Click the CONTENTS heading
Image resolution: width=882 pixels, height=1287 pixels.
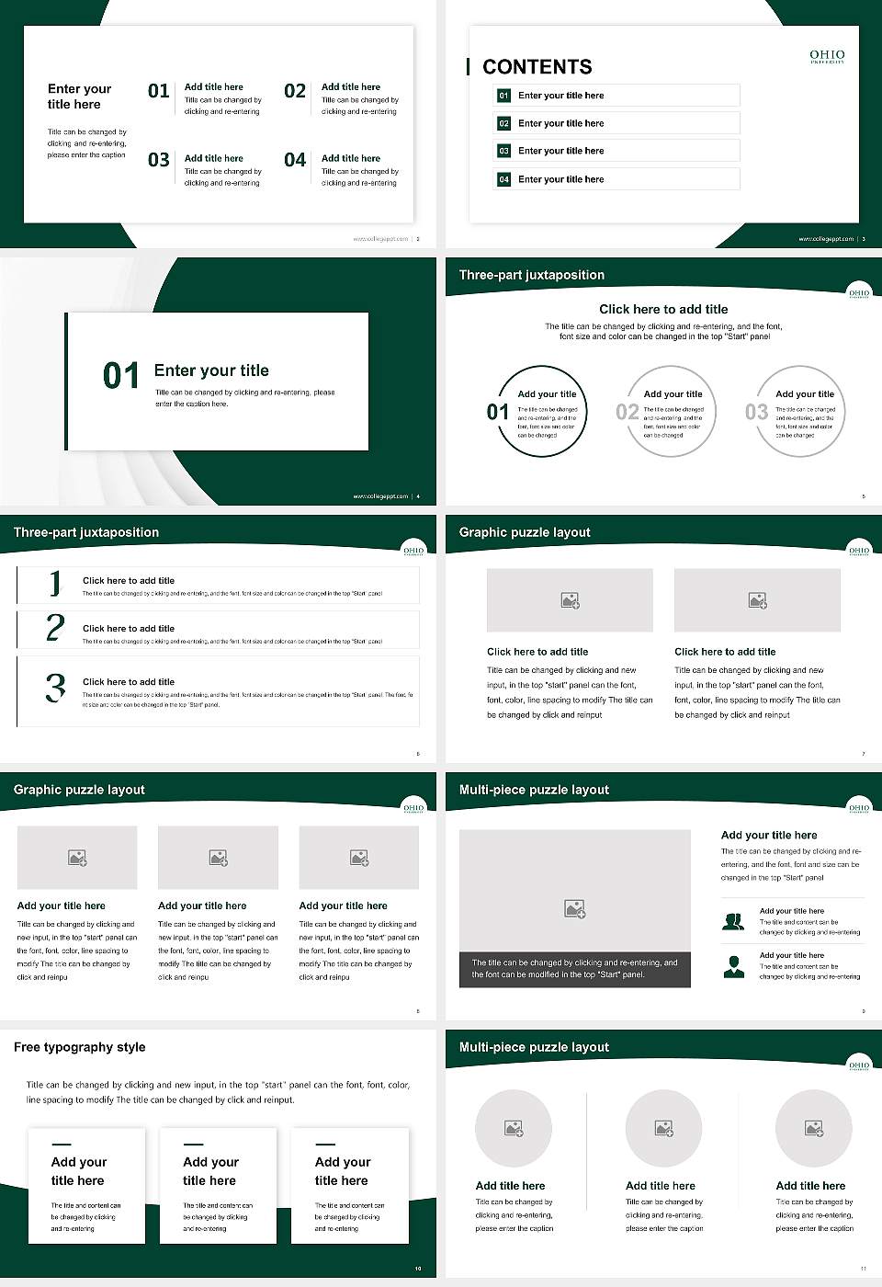537,67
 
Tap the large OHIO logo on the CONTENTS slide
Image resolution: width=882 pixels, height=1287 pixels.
827,56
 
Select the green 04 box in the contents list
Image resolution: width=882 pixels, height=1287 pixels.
503,179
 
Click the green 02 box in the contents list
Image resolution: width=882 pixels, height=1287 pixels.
503,123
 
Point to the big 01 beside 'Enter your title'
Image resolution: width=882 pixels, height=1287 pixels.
120,376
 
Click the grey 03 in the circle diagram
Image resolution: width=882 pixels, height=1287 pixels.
756,412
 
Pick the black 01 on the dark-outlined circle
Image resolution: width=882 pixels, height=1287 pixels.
497,412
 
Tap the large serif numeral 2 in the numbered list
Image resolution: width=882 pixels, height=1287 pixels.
55,628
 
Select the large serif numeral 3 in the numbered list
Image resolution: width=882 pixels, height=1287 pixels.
55,688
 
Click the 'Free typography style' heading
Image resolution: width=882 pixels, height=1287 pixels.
80,1047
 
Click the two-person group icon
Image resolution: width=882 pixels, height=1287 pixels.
733,921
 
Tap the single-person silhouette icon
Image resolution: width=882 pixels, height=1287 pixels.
733,966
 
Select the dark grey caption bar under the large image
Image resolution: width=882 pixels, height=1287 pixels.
574,969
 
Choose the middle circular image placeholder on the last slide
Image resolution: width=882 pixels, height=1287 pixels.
663,1128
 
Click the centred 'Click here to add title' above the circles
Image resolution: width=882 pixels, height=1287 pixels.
663,310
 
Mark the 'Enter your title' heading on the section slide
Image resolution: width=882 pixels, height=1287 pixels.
211,370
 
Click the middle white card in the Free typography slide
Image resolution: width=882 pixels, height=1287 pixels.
218,1186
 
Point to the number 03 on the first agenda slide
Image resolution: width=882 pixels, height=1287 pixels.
159,161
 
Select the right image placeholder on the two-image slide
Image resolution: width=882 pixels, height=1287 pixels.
757,600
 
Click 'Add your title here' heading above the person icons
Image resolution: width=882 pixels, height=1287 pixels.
769,836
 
